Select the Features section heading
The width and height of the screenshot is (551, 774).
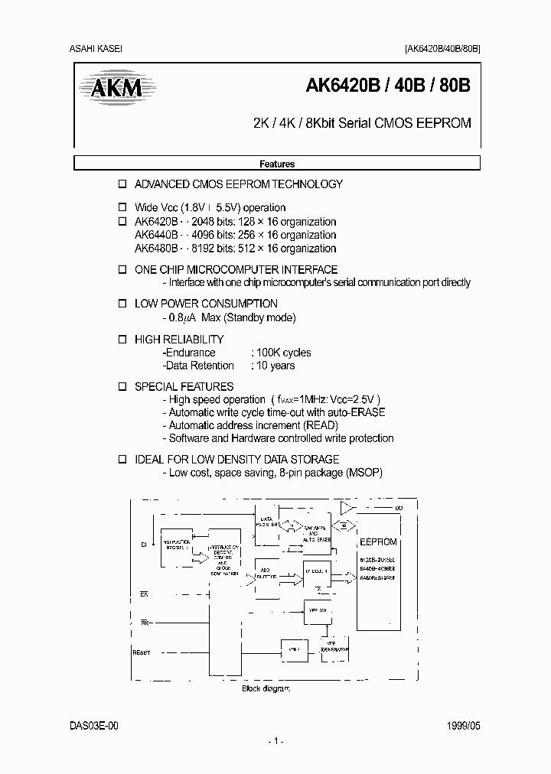click(x=277, y=164)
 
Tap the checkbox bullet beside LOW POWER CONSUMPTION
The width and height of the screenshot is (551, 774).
click(x=121, y=304)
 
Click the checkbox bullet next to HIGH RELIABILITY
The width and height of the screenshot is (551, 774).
click(x=121, y=339)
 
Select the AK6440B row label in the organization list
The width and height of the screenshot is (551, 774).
click(x=156, y=235)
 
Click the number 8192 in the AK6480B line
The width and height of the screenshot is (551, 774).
click(x=205, y=248)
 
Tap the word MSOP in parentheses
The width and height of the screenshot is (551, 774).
click(x=363, y=473)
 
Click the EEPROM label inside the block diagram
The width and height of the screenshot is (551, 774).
click(x=378, y=541)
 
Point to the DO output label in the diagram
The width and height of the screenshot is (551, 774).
click(x=399, y=508)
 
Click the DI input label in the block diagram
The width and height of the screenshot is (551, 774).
click(x=142, y=545)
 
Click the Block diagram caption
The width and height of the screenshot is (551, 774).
click(x=266, y=688)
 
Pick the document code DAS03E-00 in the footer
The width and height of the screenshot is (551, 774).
click(x=95, y=725)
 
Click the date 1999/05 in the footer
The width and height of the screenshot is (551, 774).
click(x=465, y=725)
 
